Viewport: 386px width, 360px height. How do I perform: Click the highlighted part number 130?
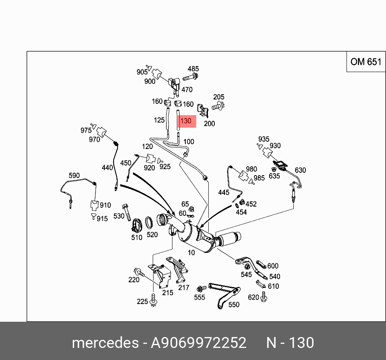tap(186, 121)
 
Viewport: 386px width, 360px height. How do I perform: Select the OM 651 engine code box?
tap(365, 62)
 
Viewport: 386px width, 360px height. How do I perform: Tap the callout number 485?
tap(193, 69)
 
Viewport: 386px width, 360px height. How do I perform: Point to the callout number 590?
tap(74, 176)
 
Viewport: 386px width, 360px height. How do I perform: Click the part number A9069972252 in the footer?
tap(198, 343)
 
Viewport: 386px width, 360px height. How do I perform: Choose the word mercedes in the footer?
tap(105, 343)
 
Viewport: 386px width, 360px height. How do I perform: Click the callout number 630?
tap(300, 170)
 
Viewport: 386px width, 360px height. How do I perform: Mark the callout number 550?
tap(234, 304)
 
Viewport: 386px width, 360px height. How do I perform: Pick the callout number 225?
tap(142, 301)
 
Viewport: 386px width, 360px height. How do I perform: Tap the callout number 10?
tap(191, 252)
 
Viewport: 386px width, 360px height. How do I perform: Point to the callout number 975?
tap(86, 130)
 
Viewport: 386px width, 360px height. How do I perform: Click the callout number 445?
tap(224, 192)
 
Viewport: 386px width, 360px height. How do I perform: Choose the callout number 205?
tap(219, 97)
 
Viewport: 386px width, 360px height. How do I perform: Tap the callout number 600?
tap(273, 266)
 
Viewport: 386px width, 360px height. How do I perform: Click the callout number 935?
tap(264, 139)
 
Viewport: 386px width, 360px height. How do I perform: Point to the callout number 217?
tap(184, 288)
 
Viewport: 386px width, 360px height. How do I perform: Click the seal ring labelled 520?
tap(148, 222)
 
